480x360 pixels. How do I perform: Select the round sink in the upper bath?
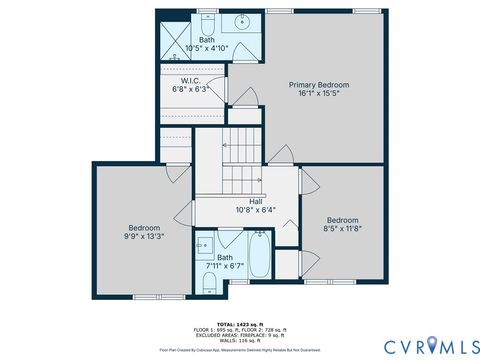tap(242, 21)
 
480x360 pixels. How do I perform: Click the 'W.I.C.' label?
tap(192, 80)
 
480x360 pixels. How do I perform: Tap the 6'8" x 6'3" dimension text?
tap(192, 89)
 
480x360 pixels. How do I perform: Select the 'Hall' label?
tap(242, 201)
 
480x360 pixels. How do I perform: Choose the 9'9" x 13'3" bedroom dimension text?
tap(143, 236)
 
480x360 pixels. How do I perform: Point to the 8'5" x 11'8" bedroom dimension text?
tap(343, 228)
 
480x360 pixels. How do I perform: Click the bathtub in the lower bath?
tap(259, 257)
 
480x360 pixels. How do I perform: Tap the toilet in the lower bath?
tap(208, 284)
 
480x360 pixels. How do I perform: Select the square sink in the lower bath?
tap(205, 246)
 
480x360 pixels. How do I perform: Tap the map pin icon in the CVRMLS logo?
tap(431, 345)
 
